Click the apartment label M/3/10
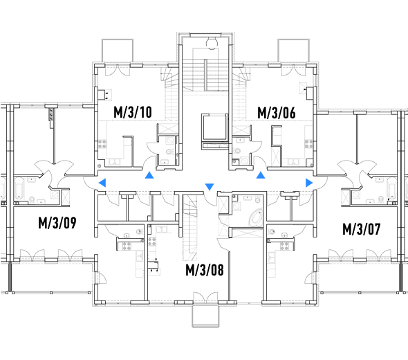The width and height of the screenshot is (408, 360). pyautogui.click(x=133, y=112)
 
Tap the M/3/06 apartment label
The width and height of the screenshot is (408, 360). pyautogui.click(x=277, y=113)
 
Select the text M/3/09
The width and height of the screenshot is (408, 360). pyautogui.click(x=57, y=223)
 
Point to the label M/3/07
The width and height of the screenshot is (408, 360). pyautogui.click(x=362, y=229)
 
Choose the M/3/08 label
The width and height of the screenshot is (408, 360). pyautogui.click(x=205, y=270)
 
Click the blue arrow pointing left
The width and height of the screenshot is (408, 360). pyautogui.click(x=102, y=183)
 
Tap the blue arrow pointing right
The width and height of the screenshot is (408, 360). pyautogui.click(x=309, y=183)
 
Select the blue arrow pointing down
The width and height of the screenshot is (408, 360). pyautogui.click(x=210, y=186)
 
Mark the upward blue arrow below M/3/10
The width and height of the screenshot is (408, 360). pyautogui.click(x=149, y=175)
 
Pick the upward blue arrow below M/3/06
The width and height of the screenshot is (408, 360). pyautogui.click(x=261, y=175)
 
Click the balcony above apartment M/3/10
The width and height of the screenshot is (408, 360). pyautogui.click(x=118, y=51)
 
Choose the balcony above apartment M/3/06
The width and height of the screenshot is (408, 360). pyautogui.click(x=293, y=51)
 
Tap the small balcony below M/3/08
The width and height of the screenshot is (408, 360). pyautogui.click(x=205, y=316)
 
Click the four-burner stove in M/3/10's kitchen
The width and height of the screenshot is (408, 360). pyautogui.click(x=102, y=144)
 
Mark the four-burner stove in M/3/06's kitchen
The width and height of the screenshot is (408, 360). pyautogui.click(x=309, y=144)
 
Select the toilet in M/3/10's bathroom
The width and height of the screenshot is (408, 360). pyautogui.click(x=169, y=152)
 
